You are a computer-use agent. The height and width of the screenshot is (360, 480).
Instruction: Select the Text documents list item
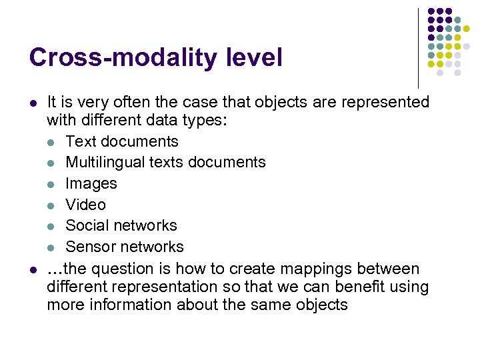tap(122, 141)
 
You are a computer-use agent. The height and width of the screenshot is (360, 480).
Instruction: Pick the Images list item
tap(91, 183)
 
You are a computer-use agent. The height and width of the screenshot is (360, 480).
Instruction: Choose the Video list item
tap(86, 205)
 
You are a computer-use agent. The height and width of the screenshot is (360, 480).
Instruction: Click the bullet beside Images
tap(51, 184)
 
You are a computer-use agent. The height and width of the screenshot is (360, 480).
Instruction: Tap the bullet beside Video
tap(51, 205)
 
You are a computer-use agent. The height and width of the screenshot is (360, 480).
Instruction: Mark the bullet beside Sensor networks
tap(51, 247)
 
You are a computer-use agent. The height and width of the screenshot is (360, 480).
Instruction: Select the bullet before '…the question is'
tap(33, 270)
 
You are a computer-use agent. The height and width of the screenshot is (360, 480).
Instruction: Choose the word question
tap(123, 269)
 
